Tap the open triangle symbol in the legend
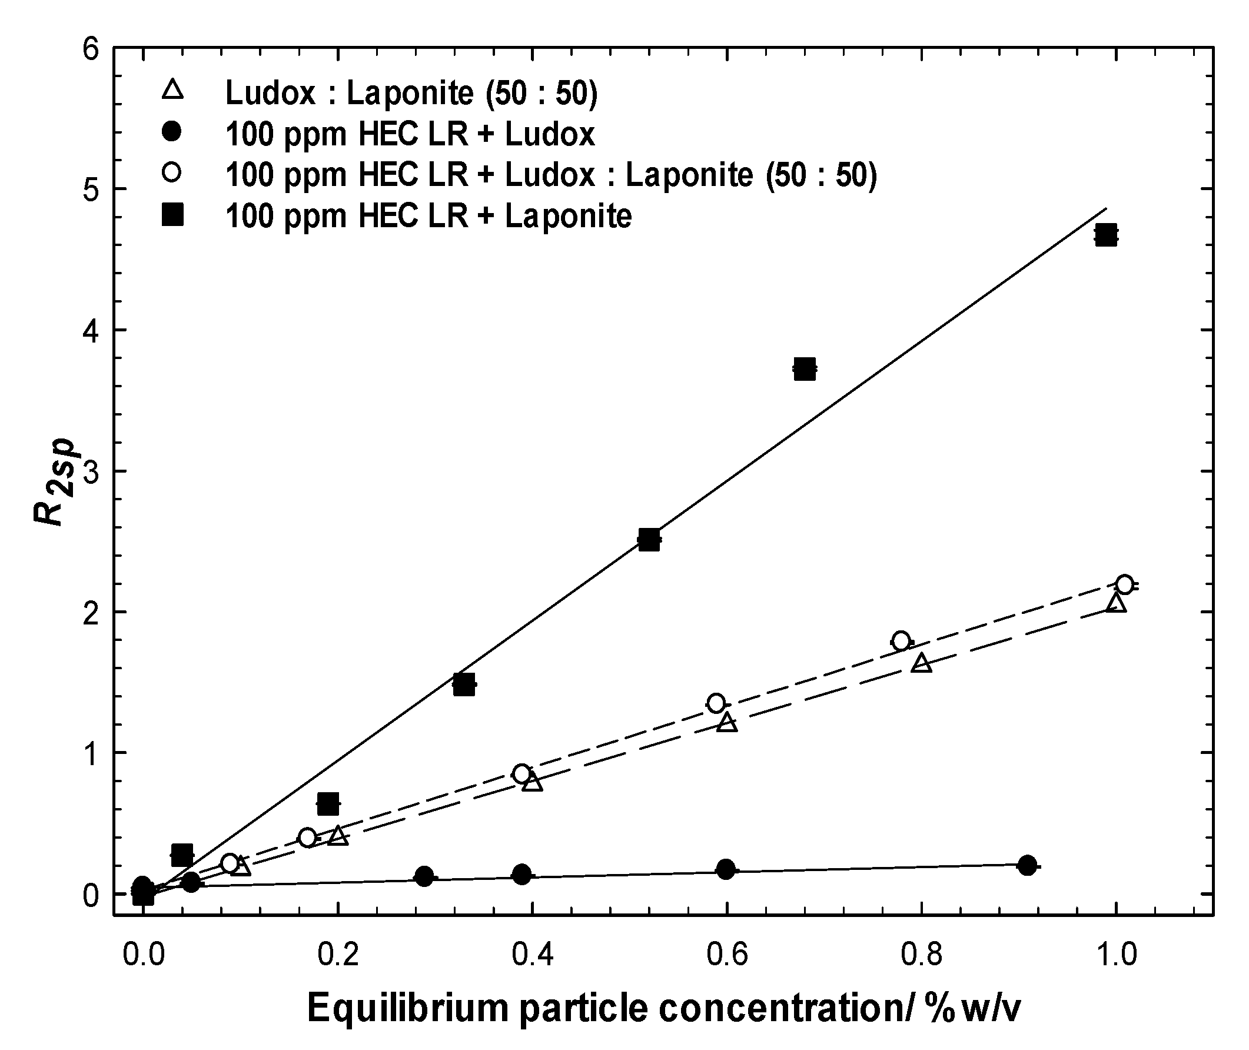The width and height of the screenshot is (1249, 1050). pos(172,91)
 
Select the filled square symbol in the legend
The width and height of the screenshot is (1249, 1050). pos(172,215)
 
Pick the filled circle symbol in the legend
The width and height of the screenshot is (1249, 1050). pos(172,132)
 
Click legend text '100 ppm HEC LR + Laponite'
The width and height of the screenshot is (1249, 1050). pos(428,215)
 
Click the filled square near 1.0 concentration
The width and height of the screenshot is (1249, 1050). pos(1105,234)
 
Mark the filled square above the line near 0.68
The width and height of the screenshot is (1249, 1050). pos(804,369)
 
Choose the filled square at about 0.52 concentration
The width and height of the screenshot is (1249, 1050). pos(648,540)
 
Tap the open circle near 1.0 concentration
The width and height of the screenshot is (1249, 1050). pos(1124,584)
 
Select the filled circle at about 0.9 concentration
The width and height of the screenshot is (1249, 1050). pos(1027,865)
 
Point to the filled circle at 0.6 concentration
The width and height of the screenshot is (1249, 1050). pos(726,870)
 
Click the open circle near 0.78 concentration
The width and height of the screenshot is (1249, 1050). pos(901,641)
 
